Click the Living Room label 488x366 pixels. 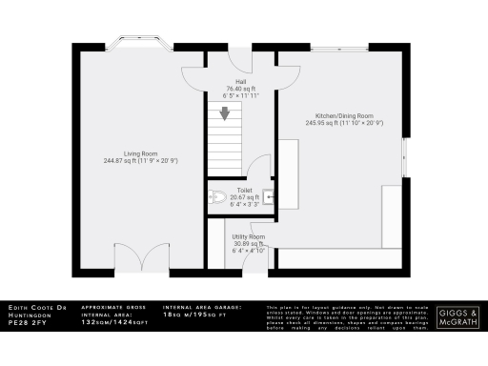point(141,152)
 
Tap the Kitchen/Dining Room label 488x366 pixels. point(332,114)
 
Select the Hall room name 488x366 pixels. point(228,82)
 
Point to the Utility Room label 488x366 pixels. point(249,236)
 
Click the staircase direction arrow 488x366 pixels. point(225,115)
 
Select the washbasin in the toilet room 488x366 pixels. point(270,198)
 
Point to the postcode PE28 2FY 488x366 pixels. point(26,324)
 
